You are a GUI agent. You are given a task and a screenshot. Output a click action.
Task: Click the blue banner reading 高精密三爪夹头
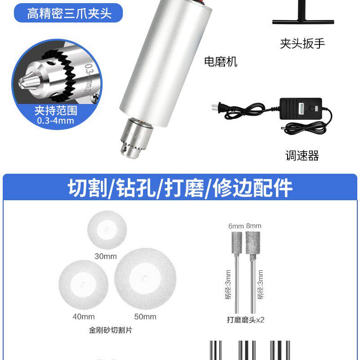pos(69,13)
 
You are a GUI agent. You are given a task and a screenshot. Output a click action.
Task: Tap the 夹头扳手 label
pos(302,44)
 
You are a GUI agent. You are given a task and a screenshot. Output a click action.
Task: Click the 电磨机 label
pos(220,62)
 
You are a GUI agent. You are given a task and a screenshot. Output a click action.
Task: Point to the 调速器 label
pos(302,156)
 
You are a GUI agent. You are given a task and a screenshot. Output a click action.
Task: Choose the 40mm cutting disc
pos(83,283)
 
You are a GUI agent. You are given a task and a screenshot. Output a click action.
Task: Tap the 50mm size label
pos(145,316)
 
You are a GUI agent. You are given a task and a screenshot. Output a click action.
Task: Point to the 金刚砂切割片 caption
pos(111,330)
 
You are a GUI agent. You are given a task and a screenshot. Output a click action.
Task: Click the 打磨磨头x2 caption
pos(245,320)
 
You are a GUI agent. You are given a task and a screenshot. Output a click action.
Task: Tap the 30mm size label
pos(106,256)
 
